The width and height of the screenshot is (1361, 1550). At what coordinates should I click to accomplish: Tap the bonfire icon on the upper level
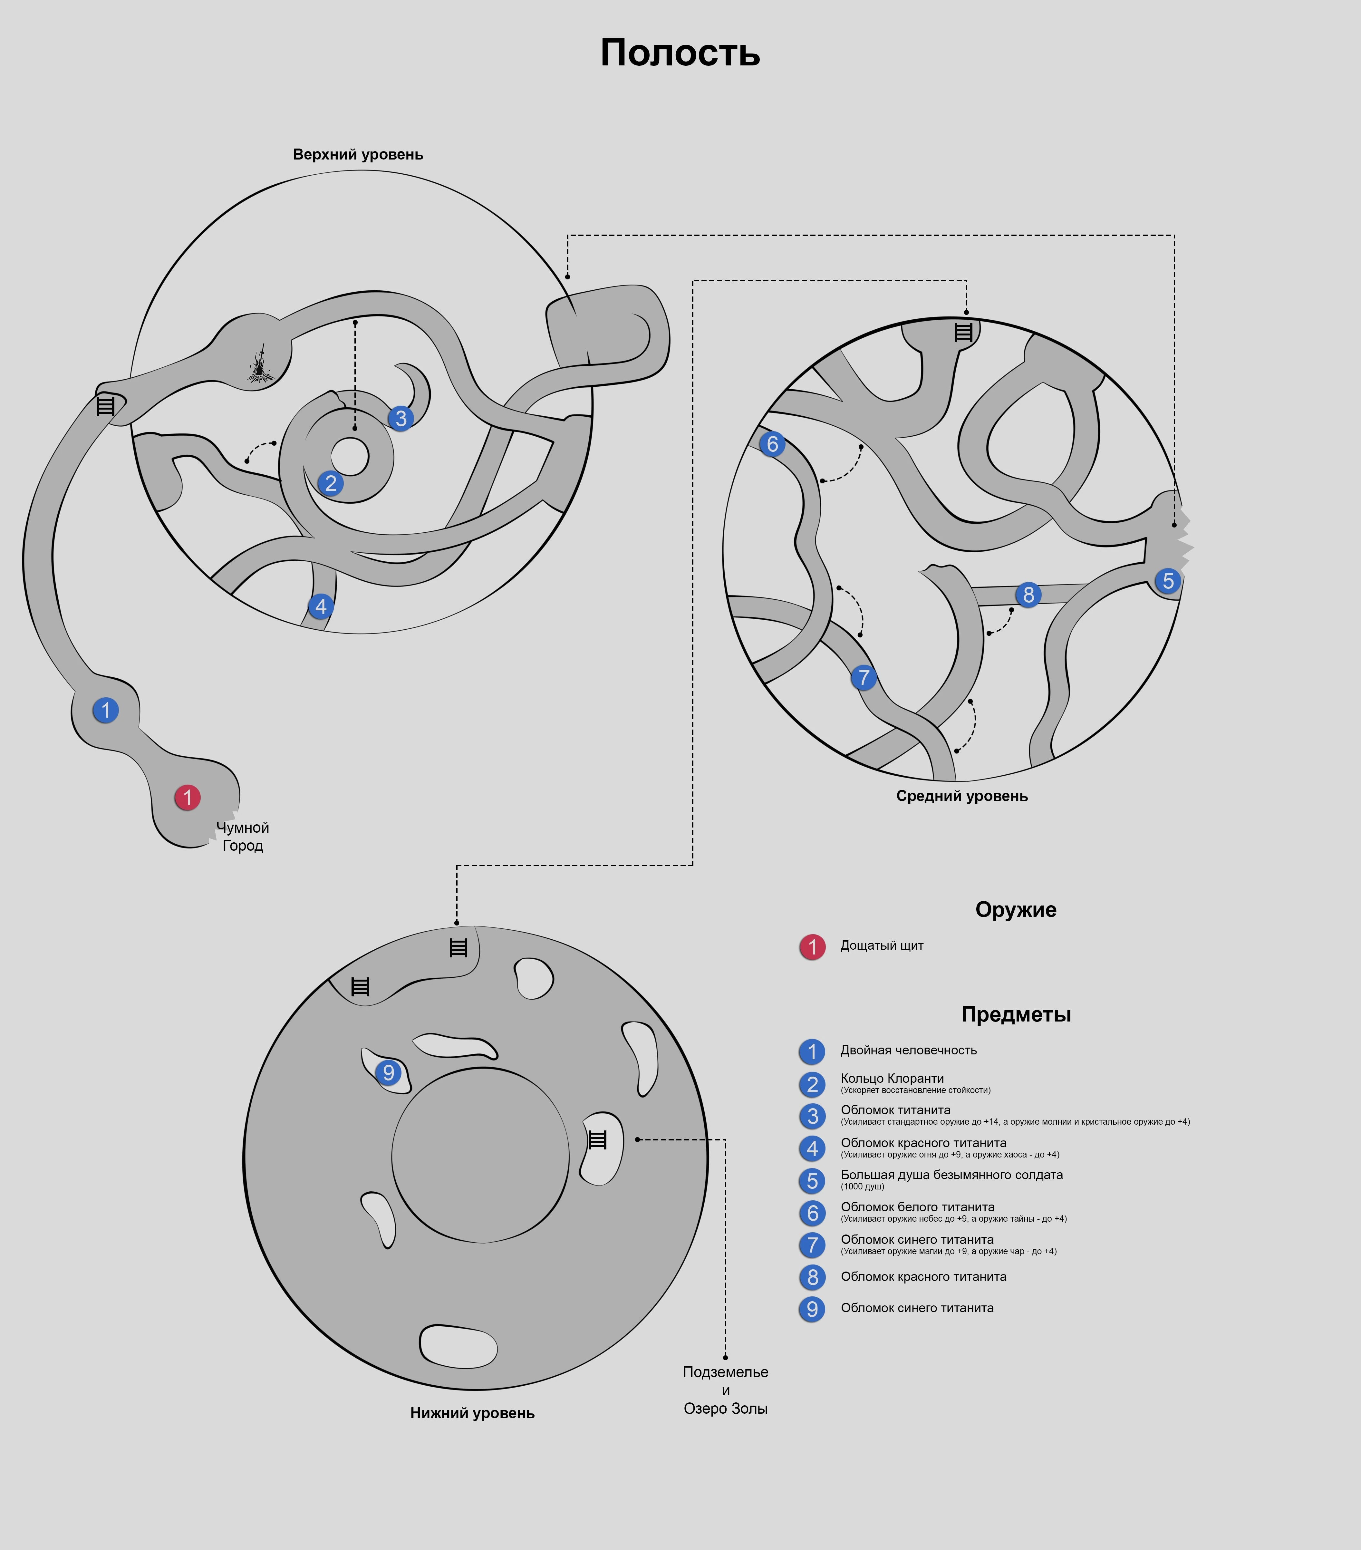tap(261, 365)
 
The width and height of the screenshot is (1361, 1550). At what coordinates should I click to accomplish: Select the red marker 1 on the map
tap(187, 797)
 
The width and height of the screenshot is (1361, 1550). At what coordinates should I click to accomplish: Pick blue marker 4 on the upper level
tap(321, 607)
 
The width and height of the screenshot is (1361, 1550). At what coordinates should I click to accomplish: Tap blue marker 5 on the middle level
tap(1168, 581)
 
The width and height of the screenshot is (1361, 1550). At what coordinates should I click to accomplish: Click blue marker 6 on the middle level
tap(772, 444)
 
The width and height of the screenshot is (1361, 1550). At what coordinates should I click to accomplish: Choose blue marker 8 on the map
tap(1028, 595)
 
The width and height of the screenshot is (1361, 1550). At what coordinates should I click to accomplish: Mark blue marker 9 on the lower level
tap(388, 1072)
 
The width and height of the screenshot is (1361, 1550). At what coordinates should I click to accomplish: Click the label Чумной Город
tap(243, 837)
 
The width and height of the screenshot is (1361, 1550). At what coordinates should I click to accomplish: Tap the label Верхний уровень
tap(358, 155)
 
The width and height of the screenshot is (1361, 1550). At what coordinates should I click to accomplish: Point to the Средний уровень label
tap(961, 796)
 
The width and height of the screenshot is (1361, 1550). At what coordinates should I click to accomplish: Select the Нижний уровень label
tap(472, 1413)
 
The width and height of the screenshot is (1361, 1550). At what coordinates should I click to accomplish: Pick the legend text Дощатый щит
tap(882, 945)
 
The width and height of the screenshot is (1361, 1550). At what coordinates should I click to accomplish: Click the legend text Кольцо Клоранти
tap(892, 1078)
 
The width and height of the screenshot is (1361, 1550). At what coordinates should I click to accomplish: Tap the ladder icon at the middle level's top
tap(963, 332)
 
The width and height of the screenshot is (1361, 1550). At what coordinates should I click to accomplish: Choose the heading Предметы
tap(1016, 1015)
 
